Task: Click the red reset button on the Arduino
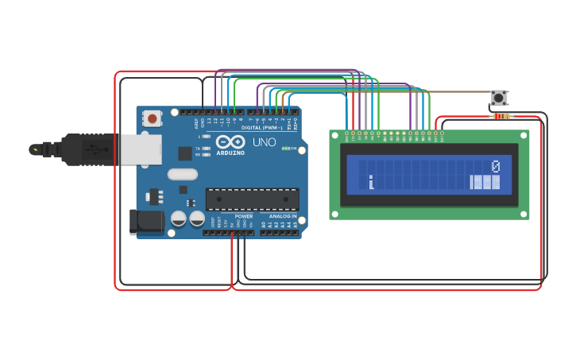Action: click(x=152, y=119)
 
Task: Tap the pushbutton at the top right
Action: click(x=499, y=98)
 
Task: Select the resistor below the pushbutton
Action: click(x=501, y=117)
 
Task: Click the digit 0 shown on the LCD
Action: click(x=495, y=166)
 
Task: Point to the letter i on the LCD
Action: click(x=371, y=183)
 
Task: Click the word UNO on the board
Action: click(x=264, y=143)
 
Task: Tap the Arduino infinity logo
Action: click(x=229, y=141)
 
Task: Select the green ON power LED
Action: click(x=285, y=149)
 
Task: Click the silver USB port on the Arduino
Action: click(x=140, y=149)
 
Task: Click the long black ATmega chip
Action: click(x=253, y=199)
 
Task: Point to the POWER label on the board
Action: click(x=244, y=216)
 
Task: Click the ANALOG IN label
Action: click(x=282, y=216)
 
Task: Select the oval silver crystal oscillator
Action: click(x=182, y=174)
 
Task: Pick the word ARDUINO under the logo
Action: click(x=231, y=152)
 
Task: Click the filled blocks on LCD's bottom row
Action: click(x=485, y=183)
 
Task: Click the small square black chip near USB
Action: click(x=185, y=153)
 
